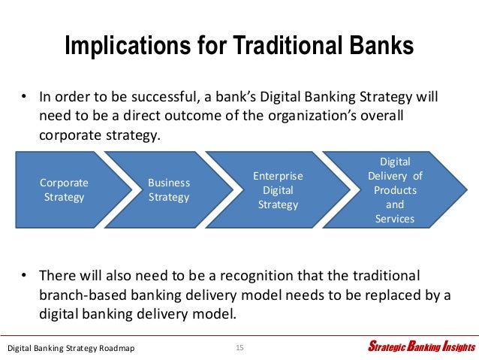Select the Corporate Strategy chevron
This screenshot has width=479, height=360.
64,190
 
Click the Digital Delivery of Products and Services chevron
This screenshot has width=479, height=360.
395,190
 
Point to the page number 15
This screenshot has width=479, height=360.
239,347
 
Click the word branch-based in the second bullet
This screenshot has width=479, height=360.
83,295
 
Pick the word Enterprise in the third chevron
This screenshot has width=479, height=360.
279,176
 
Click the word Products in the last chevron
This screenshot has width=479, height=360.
395,190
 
